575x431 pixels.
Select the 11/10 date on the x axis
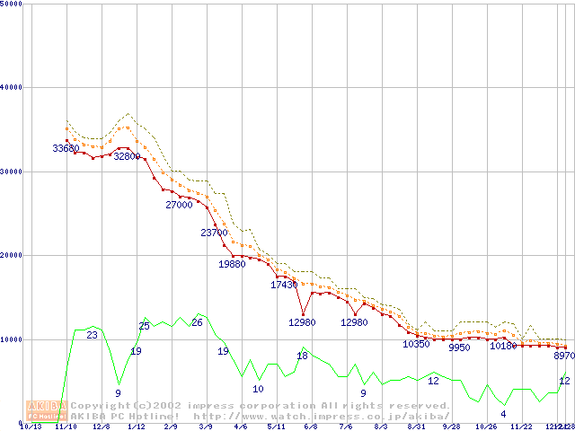tap(66, 427)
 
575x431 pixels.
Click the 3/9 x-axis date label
tap(206, 427)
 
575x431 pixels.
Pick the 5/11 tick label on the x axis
tap(276, 427)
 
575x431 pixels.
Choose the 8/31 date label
tap(416, 427)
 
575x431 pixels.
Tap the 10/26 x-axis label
tap(486, 427)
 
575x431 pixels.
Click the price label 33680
tap(66, 148)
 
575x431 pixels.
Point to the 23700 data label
tap(214, 233)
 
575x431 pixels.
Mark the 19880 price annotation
tap(232, 264)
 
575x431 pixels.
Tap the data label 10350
tap(416, 344)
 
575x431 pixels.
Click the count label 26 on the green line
tap(197, 322)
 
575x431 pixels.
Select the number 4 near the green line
tap(503, 414)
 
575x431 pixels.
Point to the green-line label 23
tap(92, 335)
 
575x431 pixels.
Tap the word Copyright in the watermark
tap(102, 406)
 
